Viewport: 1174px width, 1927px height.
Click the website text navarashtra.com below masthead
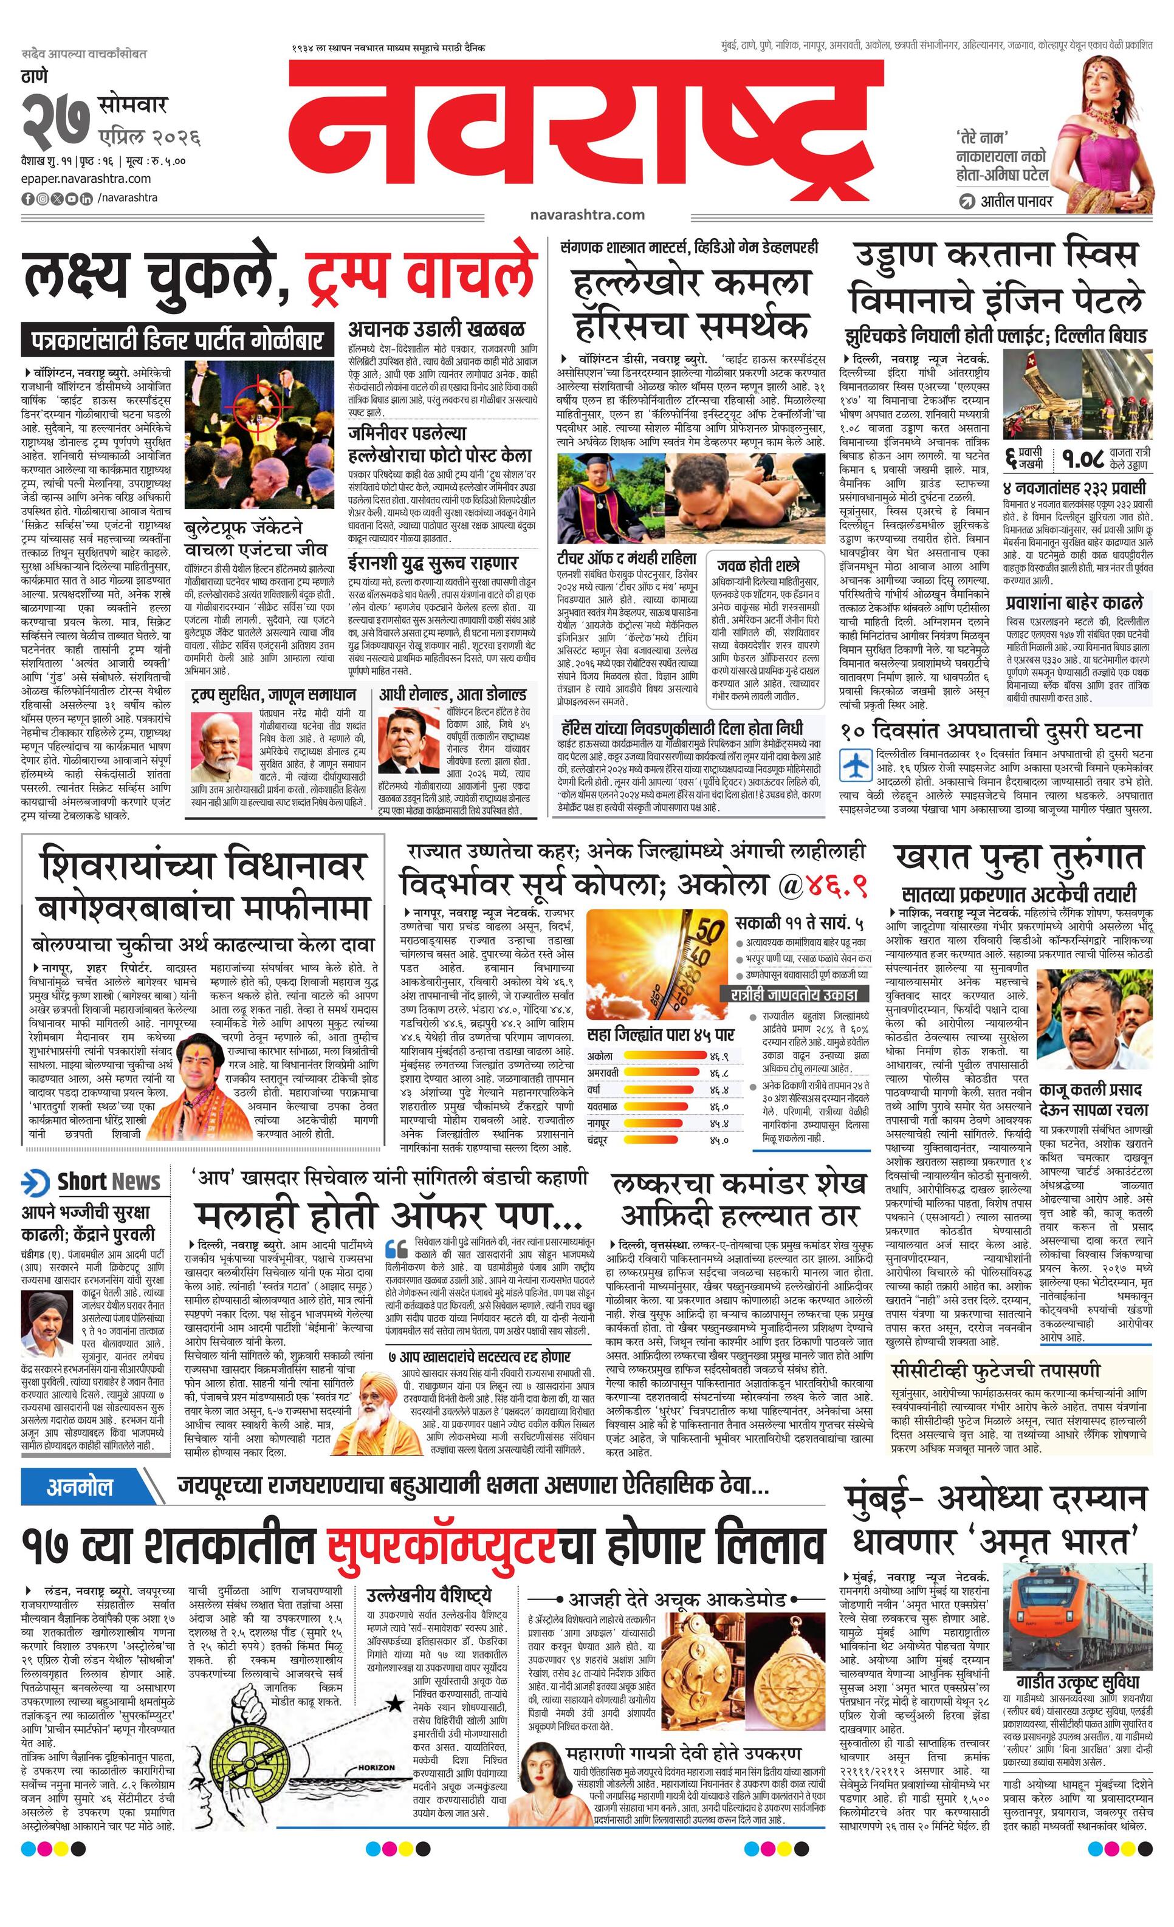pyautogui.click(x=586, y=214)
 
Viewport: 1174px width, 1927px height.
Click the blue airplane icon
pyautogui.click(x=856, y=764)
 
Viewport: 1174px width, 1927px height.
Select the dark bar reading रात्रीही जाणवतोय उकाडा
pyautogui.click(x=794, y=994)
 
